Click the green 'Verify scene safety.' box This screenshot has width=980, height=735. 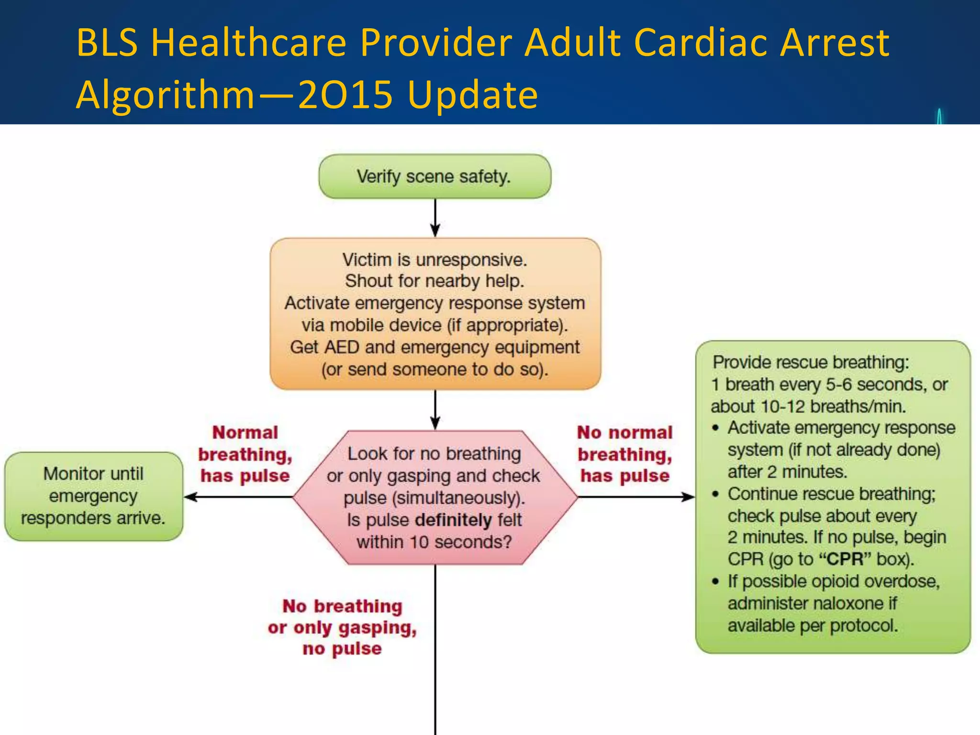(434, 177)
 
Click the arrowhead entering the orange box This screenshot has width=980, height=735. (435, 231)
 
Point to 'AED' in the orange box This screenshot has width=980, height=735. (342, 347)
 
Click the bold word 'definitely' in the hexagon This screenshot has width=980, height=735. (453, 520)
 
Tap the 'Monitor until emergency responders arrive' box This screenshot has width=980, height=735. (93, 496)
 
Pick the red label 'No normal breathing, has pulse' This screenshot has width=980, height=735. (624, 454)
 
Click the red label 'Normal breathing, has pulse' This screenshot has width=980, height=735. (245, 454)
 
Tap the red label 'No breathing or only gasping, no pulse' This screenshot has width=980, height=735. (342, 627)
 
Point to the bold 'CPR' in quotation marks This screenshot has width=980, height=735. (845, 559)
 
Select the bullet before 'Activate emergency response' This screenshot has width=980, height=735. (715, 428)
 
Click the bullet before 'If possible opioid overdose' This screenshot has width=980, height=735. (715, 582)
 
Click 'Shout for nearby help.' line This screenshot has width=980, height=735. (434, 281)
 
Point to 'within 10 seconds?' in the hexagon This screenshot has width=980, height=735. (434, 542)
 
